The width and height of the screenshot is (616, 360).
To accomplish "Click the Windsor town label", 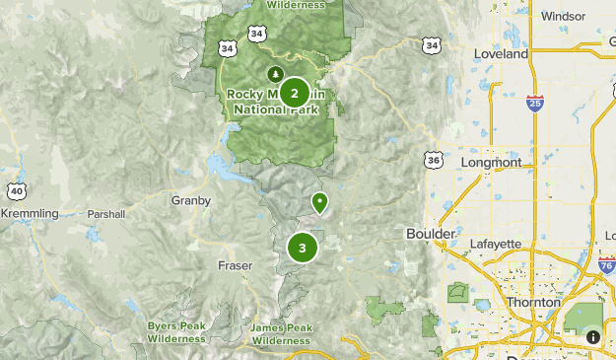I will point(563,16).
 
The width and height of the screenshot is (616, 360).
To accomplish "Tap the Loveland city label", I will point(501,55).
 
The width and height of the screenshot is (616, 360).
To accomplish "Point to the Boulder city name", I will point(431,233).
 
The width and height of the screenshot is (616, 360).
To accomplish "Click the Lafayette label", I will point(494,243).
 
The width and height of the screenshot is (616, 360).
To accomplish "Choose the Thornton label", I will point(532,303).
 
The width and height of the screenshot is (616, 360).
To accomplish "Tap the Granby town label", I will point(190,200).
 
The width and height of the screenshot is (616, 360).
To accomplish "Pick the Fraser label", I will point(235,265).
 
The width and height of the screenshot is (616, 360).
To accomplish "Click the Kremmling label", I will point(30,213).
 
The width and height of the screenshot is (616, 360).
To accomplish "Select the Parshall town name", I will point(106,213).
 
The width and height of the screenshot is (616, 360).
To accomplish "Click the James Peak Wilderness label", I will point(281,333).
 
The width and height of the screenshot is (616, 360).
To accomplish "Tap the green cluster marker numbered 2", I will point(294,94).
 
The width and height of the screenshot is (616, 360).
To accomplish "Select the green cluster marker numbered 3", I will point(303,249).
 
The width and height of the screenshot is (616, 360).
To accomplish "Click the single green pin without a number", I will point(319,202).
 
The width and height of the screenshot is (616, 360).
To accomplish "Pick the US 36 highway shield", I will point(435,160).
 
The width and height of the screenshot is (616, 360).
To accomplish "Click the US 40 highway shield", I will point(16,190).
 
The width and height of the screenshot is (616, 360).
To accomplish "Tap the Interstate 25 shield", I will point(533,102).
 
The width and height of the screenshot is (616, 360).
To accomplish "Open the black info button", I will point(592,336).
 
